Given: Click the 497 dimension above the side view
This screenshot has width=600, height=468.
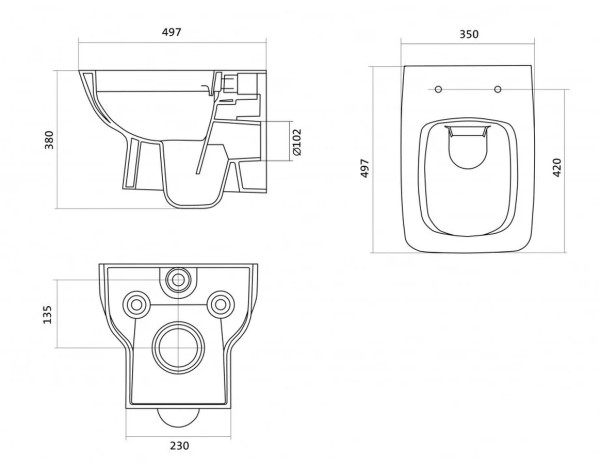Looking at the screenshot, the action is coord(171,32).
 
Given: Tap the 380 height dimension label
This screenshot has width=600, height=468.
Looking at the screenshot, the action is coord(49,140).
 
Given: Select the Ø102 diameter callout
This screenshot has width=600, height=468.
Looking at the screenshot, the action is coord(297,142).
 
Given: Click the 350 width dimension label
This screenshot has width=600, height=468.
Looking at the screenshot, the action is coord(469,34).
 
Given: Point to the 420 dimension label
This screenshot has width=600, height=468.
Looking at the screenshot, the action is coord(557,167).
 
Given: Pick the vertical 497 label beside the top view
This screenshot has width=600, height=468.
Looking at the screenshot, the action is coord(365,168).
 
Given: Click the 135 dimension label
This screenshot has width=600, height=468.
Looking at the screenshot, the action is coord(47,315).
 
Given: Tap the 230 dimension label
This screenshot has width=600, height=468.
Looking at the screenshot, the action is coord(179,446).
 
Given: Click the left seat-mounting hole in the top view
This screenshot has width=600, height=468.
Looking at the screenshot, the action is coord(439,89).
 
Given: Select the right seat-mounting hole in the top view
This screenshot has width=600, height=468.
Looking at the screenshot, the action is coord(497,89).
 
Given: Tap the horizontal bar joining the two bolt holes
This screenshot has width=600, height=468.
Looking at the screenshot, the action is coord(178,305).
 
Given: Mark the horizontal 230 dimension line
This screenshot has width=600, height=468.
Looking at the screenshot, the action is coord(178,436).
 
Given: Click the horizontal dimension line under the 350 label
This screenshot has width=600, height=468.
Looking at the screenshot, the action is coord(468,43).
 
